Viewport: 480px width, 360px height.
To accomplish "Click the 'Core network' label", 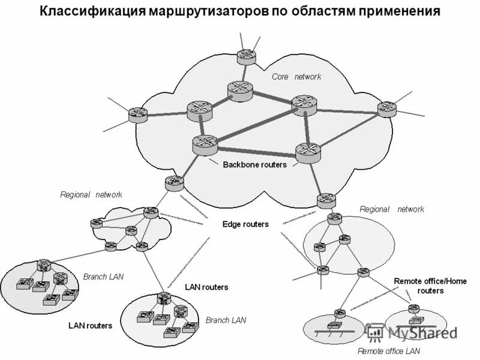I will click(296, 77).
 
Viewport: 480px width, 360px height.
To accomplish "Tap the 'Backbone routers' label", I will click(254, 164).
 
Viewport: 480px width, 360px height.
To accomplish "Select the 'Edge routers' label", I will click(245, 224).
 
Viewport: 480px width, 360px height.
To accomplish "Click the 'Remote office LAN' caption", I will click(389, 350).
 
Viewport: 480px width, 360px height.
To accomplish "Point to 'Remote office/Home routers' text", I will click(419, 286).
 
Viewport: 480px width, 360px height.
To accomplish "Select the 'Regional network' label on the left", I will click(91, 194).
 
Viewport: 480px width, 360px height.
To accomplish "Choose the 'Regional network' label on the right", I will click(391, 209).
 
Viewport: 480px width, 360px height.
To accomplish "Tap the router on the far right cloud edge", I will click(386, 109).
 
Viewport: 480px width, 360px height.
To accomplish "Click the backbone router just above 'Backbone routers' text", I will click(205, 144).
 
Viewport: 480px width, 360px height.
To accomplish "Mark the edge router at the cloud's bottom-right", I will click(327, 200).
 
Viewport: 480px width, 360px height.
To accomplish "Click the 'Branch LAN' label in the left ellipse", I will click(103, 277).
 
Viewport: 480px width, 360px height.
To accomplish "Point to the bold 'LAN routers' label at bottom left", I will click(90, 326).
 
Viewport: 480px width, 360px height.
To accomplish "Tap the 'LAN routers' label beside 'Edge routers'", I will click(206, 287).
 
